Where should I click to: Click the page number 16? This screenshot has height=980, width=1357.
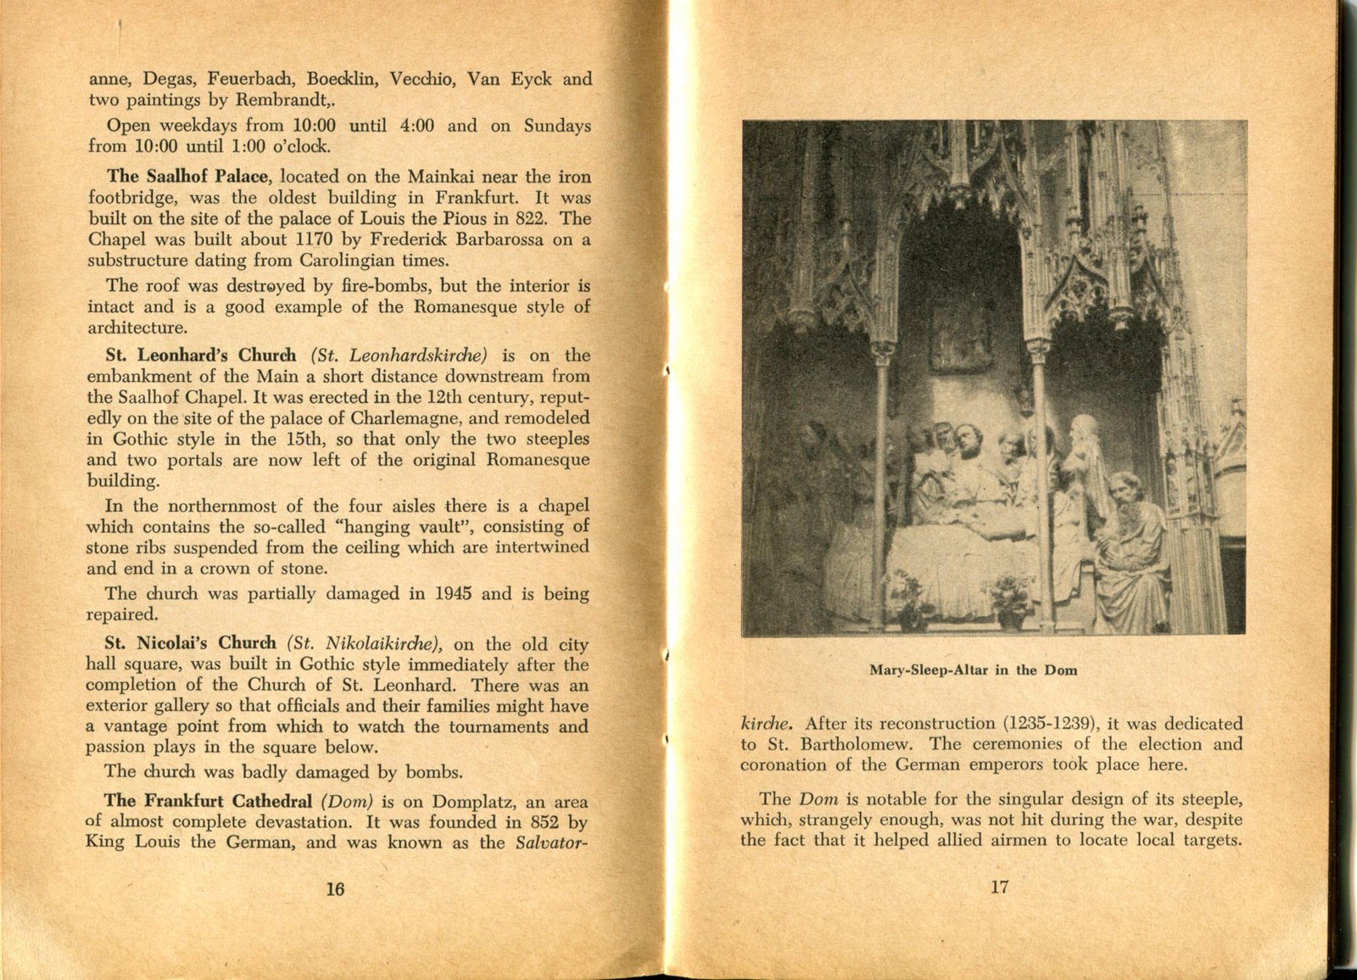335,888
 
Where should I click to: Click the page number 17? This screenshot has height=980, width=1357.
999,887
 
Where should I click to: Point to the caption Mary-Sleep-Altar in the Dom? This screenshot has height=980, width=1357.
973,670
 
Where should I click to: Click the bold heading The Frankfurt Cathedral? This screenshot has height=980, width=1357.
208,802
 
